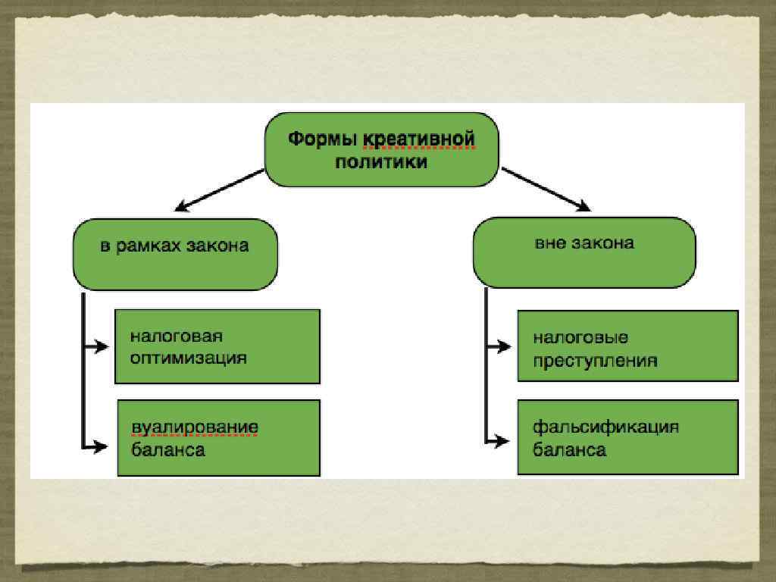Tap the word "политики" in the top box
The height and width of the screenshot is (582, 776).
381,162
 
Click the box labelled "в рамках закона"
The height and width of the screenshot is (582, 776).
175,254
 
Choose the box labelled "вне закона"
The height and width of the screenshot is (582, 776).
584,252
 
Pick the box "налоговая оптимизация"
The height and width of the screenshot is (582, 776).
217,346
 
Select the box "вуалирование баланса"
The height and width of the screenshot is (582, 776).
218,438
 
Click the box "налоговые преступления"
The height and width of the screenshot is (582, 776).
627,346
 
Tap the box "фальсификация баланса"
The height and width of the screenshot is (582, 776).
627,438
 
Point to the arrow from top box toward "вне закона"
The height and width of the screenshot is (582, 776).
545,189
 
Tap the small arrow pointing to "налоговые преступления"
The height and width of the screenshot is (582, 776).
499,347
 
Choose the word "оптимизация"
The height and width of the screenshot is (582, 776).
188,358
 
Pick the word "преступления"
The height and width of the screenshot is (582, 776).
595,360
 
